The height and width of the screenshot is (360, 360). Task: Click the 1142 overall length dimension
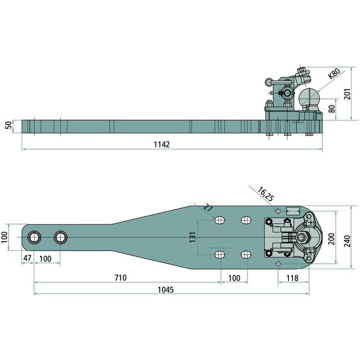(162, 144)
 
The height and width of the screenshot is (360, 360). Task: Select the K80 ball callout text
(334, 74)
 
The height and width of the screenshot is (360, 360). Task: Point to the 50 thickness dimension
(9, 126)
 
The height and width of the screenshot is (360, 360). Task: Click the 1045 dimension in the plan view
(166, 290)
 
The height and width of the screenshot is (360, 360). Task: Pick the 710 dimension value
(121, 278)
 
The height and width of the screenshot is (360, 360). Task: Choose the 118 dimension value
(292, 278)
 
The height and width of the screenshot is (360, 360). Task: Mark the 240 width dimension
(347, 241)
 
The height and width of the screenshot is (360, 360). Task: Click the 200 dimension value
(332, 239)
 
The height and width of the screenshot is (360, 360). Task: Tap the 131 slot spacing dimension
(193, 237)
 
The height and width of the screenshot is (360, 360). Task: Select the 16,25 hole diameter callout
(265, 194)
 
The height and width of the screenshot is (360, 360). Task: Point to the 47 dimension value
(27, 258)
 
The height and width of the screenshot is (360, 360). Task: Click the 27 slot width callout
(208, 208)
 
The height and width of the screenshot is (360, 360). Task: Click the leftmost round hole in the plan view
(34, 237)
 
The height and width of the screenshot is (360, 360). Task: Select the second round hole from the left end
(61, 237)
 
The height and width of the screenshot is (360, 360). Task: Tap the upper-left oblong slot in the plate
(220, 220)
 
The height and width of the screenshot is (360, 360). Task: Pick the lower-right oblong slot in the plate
(246, 254)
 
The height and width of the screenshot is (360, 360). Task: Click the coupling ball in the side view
(309, 97)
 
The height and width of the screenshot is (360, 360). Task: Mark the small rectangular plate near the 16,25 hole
(293, 211)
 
